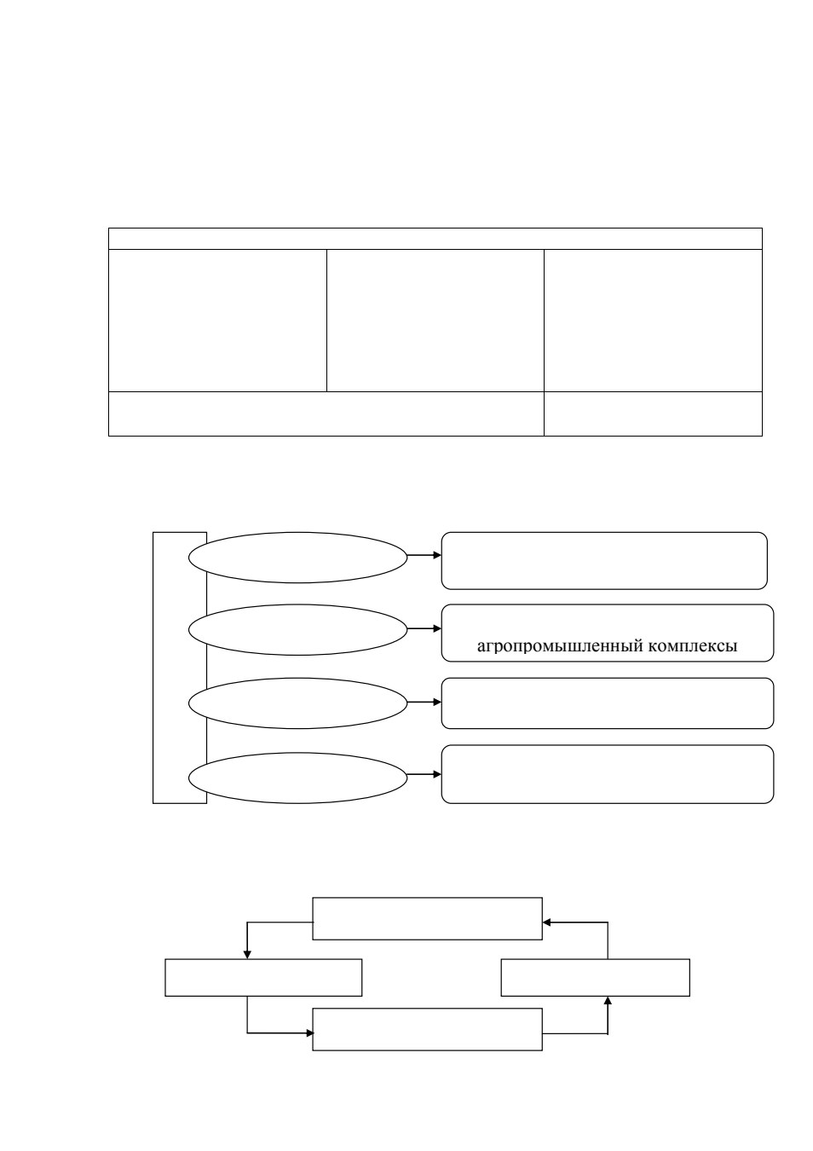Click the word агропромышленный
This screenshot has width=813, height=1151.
[x=560, y=646]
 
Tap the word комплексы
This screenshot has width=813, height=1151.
[x=693, y=646]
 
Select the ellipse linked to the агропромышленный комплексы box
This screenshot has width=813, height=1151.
[x=298, y=629]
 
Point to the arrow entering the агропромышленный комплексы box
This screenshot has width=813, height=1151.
[x=424, y=628]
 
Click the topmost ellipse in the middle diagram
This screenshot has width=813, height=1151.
[x=298, y=558]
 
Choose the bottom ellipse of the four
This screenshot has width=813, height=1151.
[x=298, y=778]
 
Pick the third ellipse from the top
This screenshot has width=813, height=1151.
[x=298, y=703]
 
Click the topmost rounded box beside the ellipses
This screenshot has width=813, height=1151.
[x=604, y=561]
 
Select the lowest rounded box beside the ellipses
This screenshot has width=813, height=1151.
[x=608, y=774]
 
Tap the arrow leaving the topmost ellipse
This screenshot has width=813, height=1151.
[x=424, y=555]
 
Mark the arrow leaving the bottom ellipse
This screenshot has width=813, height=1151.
[x=424, y=774]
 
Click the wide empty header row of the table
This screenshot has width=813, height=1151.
[x=435, y=239]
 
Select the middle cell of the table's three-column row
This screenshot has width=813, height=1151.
[x=435, y=321]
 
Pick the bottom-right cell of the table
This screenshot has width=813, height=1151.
[x=654, y=414]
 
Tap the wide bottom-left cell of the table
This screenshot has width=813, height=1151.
[x=326, y=414]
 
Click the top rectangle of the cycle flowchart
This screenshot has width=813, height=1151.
[x=427, y=919]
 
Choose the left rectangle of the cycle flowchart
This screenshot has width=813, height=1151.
[x=263, y=977]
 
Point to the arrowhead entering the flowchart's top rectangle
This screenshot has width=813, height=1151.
[x=546, y=923]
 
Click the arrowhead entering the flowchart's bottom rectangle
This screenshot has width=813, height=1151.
[x=309, y=1032]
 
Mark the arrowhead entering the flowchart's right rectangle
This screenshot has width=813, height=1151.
[x=608, y=1000]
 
